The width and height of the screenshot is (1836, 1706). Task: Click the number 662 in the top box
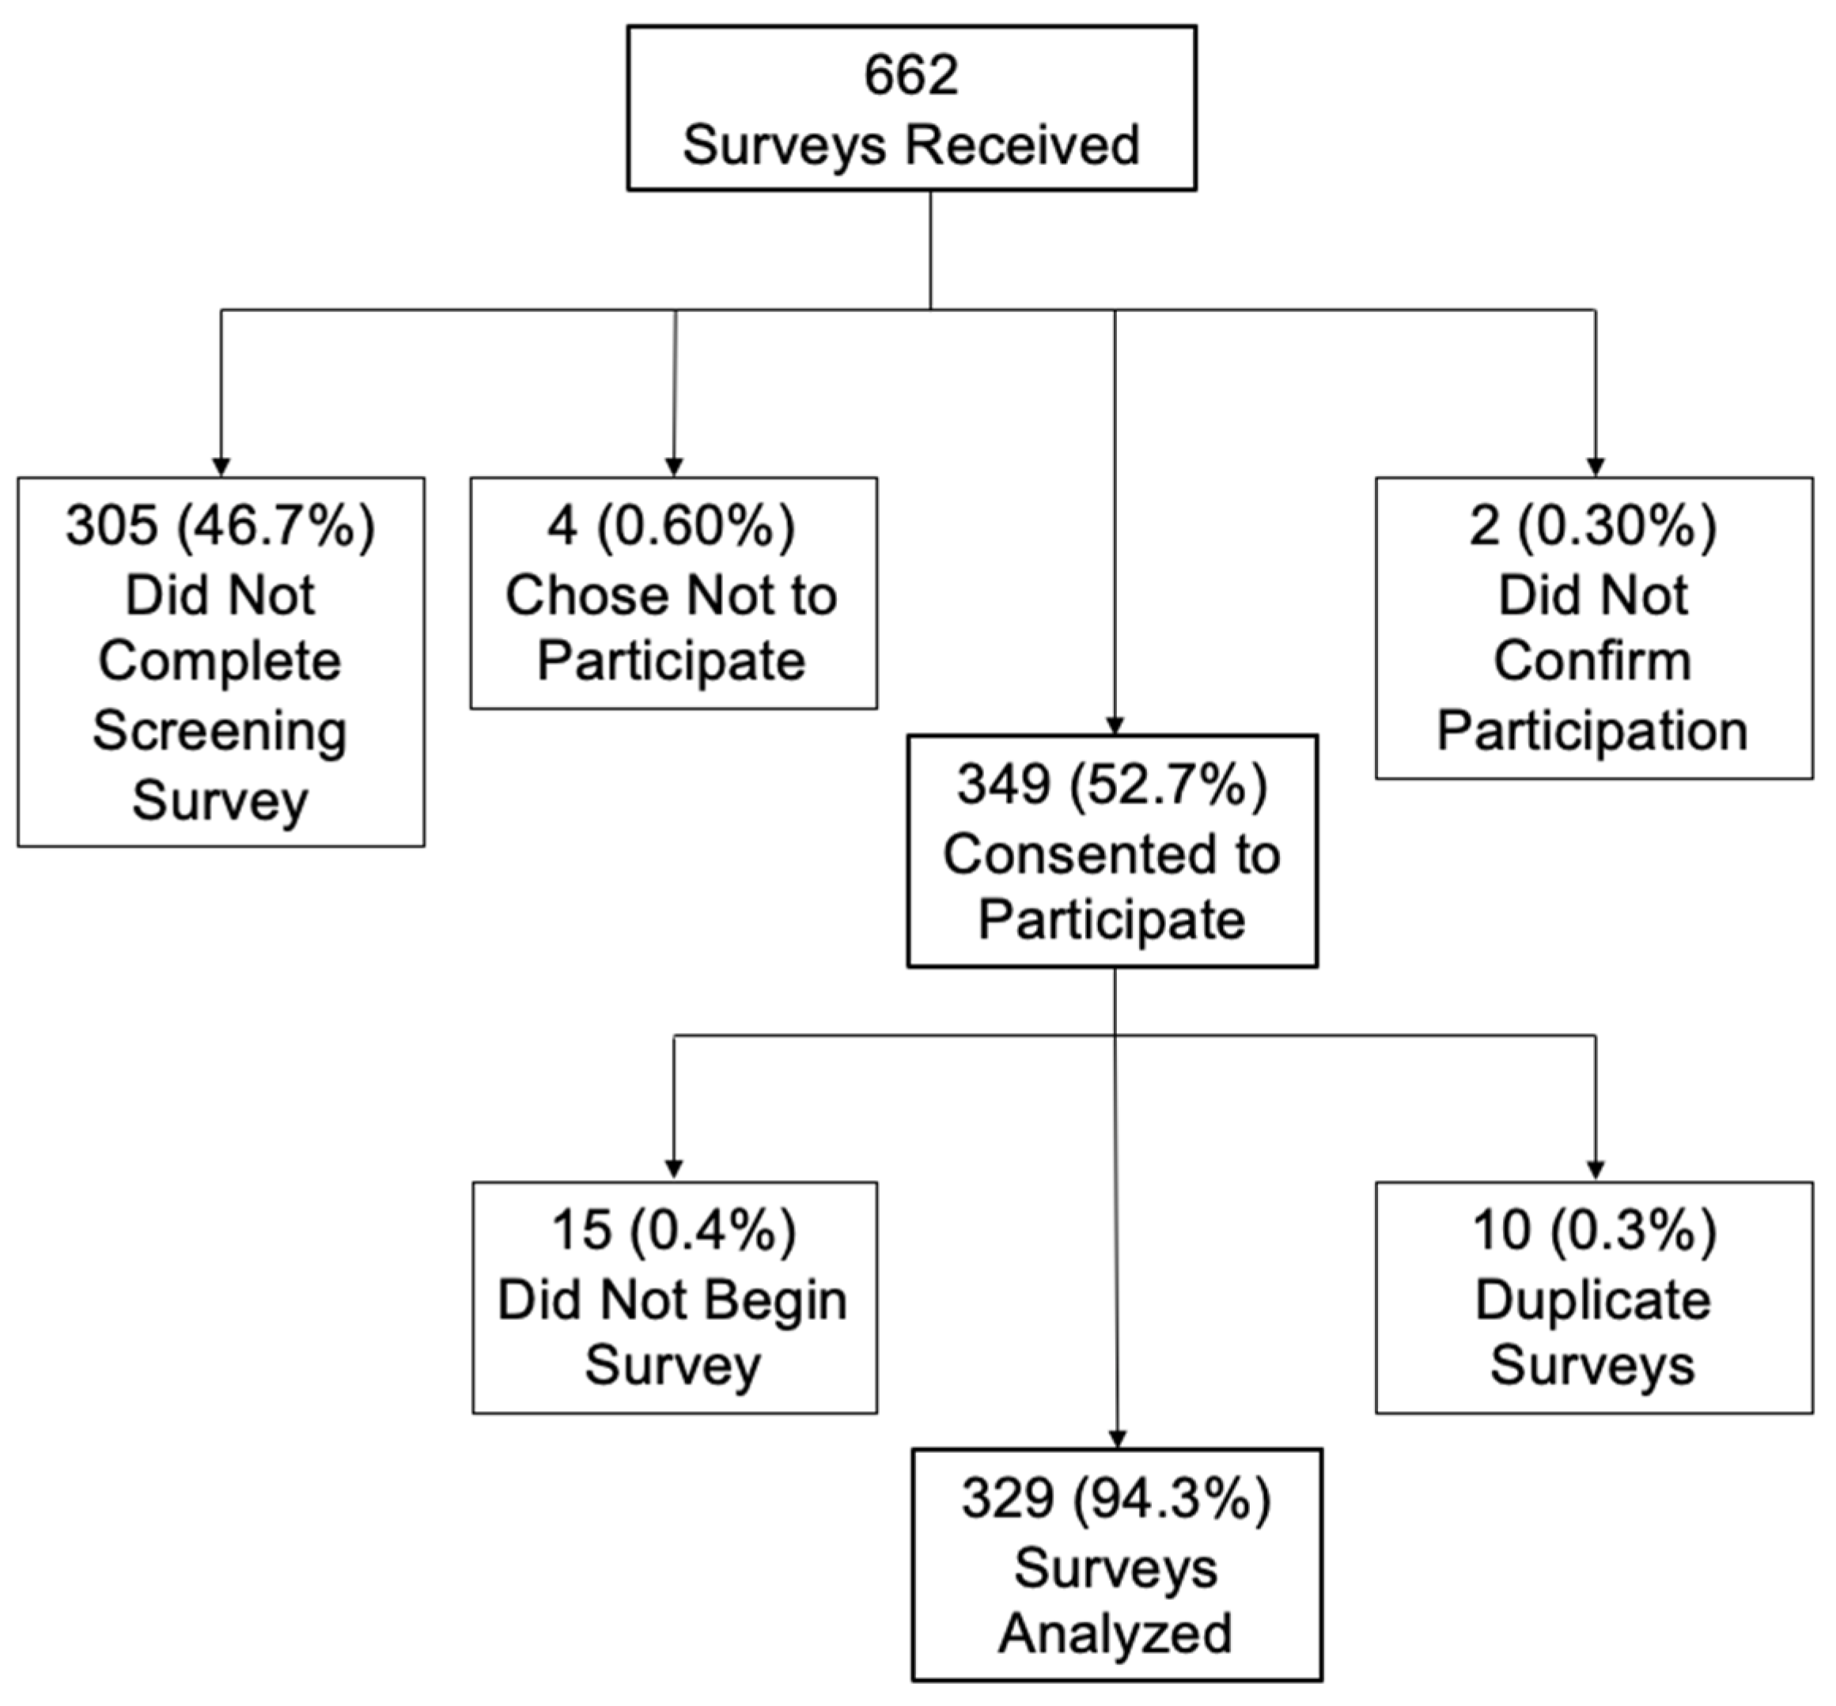pyautogui.click(x=910, y=75)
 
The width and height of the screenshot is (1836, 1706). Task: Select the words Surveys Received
pyautogui.click(x=910, y=146)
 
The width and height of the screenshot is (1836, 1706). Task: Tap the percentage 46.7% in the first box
pyautogui.click(x=277, y=527)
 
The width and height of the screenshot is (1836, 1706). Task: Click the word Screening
pyautogui.click(x=220, y=732)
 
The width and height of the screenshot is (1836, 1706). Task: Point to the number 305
pyautogui.click(x=112, y=527)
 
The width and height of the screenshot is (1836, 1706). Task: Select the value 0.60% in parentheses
pyautogui.click(x=696, y=527)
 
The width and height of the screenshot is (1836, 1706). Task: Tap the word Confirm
pyautogui.click(x=1592, y=662)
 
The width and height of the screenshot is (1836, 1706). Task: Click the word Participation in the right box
pyautogui.click(x=1592, y=732)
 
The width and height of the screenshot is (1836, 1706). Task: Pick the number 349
pyautogui.click(x=1003, y=785)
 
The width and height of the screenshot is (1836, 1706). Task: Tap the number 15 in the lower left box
pyautogui.click(x=581, y=1231)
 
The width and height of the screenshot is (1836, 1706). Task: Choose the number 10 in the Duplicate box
pyautogui.click(x=1502, y=1231)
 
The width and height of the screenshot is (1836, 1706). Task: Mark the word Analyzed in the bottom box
pyautogui.click(x=1115, y=1633)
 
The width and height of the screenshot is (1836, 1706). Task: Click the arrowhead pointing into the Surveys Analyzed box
pyautogui.click(x=1117, y=1439)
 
